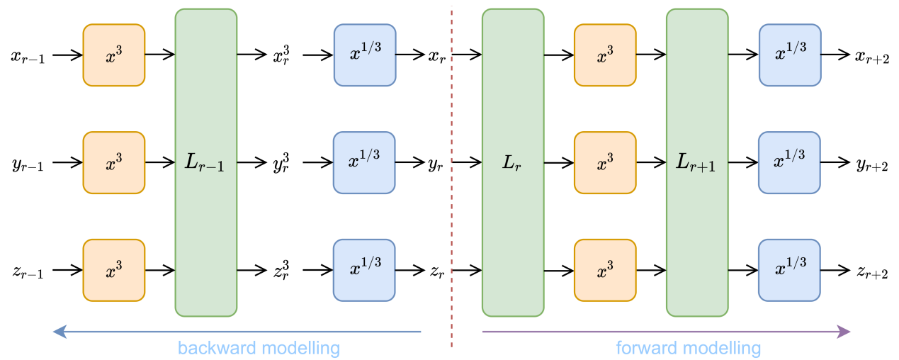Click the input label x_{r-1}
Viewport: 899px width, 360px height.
pyautogui.click(x=28, y=56)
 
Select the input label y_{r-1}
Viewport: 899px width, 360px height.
pyautogui.click(x=28, y=164)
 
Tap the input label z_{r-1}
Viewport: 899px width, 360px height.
pyautogui.click(x=28, y=271)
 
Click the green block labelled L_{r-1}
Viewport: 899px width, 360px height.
pyautogui.click(x=205, y=162)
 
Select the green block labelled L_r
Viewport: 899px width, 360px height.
pyautogui.click(x=513, y=162)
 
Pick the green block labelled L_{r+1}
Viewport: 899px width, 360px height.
pyautogui.click(x=696, y=162)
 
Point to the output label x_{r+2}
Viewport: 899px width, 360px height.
pyautogui.click(x=871, y=56)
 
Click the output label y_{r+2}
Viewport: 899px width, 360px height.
pyautogui.click(x=871, y=164)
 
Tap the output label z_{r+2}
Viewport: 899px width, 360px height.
pyautogui.click(x=871, y=271)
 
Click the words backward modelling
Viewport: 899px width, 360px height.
pyautogui.click(x=259, y=348)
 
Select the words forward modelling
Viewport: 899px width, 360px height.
pyautogui.click(x=689, y=348)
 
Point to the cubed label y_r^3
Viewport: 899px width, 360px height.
pyautogui.click(x=281, y=162)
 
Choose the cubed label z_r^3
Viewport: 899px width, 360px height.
pyautogui.click(x=281, y=270)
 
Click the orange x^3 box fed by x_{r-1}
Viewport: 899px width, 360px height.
pyautogui.click(x=114, y=55)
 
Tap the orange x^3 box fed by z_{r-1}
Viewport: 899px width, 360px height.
pyautogui.click(x=114, y=270)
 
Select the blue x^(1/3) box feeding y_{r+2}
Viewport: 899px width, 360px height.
pyautogui.click(x=790, y=162)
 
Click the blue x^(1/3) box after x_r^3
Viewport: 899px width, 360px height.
pyautogui.click(x=364, y=55)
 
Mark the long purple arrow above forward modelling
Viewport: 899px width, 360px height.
pyautogui.click(x=666, y=331)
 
